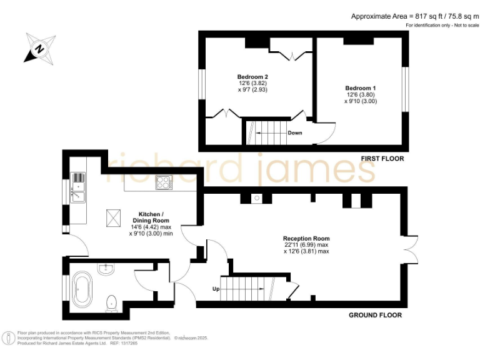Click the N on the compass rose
pyautogui.click(x=39, y=49)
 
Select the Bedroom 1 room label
pyautogui.click(x=361, y=87)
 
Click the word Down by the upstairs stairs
pyautogui.click(x=295, y=133)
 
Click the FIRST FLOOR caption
pyautogui.click(x=382, y=159)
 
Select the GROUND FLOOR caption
pyautogui.click(x=374, y=315)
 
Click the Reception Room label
pyautogui.click(x=306, y=239)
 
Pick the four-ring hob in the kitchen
pyautogui.click(x=164, y=182)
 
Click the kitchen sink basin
pyautogui.click(x=79, y=198)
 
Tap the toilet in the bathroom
pyautogui.click(x=112, y=302)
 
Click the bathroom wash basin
pyautogui.click(x=106, y=269)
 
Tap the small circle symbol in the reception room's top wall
pyautogui.click(x=256, y=200)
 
